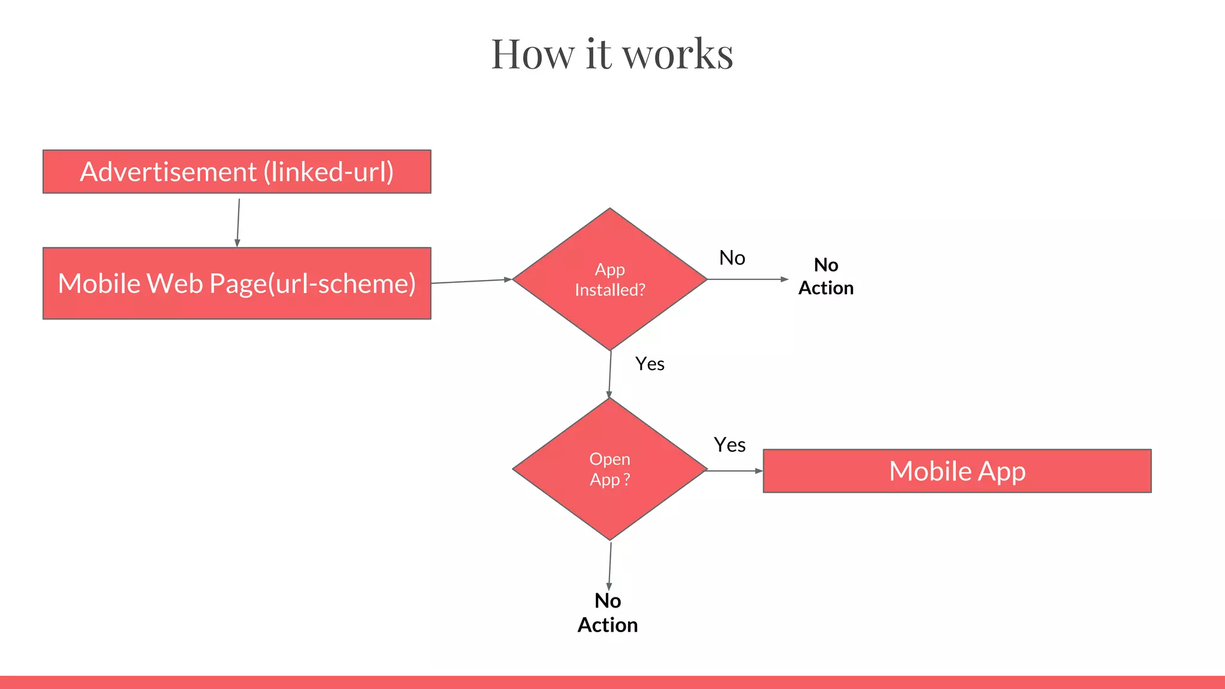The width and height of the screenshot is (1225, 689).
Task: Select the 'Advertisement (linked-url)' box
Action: click(x=237, y=172)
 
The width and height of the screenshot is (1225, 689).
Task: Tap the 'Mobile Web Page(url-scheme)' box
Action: click(x=237, y=283)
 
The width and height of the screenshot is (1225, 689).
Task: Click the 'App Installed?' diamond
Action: click(x=610, y=279)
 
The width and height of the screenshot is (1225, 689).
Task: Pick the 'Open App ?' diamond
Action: click(x=610, y=469)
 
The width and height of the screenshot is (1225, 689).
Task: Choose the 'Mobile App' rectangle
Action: click(x=957, y=471)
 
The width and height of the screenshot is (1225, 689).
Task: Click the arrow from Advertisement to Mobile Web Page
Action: click(x=238, y=222)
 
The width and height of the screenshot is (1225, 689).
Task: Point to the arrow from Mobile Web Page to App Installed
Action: click(x=471, y=281)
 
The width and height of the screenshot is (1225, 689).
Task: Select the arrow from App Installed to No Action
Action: click(x=748, y=279)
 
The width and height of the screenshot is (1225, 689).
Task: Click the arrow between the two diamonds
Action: click(x=610, y=374)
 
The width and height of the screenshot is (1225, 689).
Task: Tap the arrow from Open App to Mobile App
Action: click(x=735, y=471)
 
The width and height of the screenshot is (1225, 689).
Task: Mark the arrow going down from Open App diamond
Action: click(x=610, y=566)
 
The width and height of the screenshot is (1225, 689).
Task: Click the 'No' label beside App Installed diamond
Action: click(x=732, y=258)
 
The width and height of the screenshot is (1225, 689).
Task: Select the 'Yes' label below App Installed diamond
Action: click(x=650, y=364)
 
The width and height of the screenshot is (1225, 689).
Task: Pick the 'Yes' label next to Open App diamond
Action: click(x=730, y=445)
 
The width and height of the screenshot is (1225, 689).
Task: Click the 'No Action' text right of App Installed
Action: click(x=826, y=276)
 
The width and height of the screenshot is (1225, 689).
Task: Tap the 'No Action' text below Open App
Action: click(x=608, y=613)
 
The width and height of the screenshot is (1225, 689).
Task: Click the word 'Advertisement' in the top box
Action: click(x=168, y=172)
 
